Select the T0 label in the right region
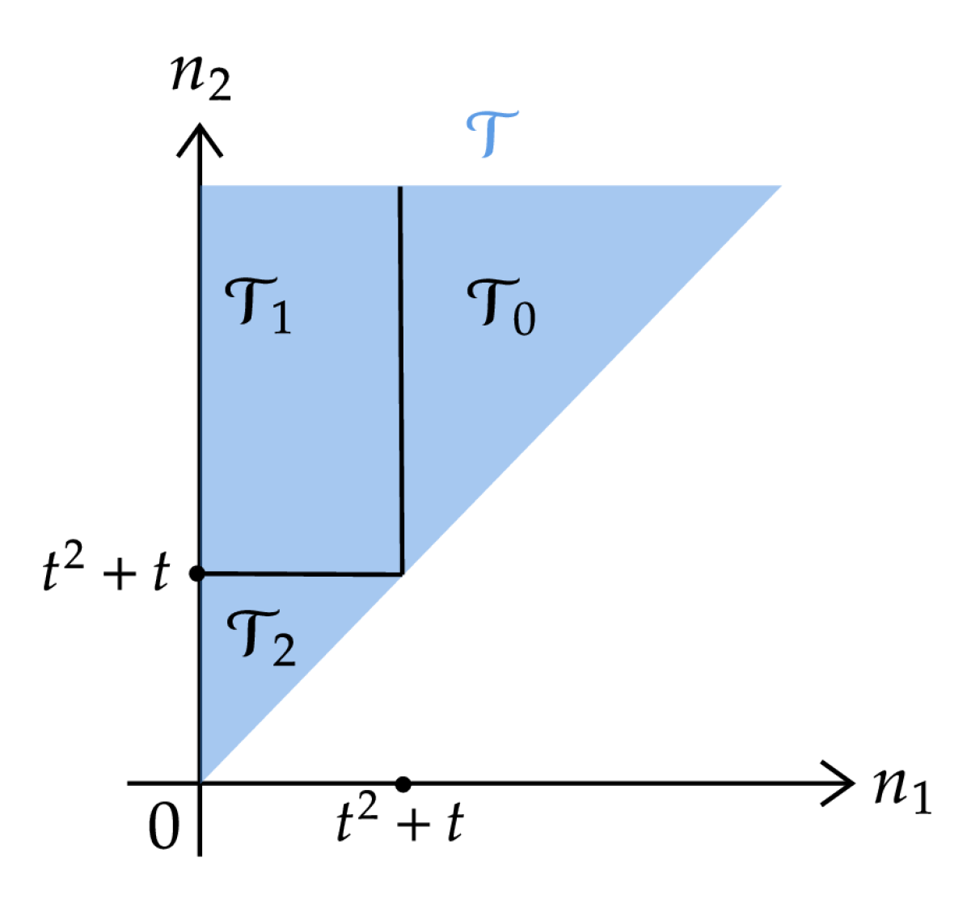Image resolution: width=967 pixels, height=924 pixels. tap(500, 306)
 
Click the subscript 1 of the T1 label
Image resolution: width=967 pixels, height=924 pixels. tap(280, 319)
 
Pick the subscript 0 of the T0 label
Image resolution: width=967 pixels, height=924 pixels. tap(523, 319)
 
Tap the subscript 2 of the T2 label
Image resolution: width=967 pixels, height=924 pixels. tap(283, 651)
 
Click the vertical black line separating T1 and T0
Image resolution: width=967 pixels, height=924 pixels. tap(401, 380)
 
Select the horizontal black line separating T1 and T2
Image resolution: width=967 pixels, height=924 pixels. tap(301, 574)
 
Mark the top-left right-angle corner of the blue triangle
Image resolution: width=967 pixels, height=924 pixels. tap(201, 186)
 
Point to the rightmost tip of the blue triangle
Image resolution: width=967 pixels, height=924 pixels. tap(781, 187)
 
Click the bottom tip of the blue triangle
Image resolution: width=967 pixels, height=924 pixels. tap(201, 781)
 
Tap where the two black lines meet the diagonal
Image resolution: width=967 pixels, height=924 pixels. tap(402, 574)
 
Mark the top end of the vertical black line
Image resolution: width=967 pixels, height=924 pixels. tap(399, 187)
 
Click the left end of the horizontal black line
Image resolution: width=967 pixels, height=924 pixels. tap(202, 573)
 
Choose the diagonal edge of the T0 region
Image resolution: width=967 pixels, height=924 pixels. tap(590, 381)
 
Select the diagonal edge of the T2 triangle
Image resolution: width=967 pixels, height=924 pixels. tap(301, 678)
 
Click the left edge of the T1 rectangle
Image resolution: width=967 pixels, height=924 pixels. tap(201, 380)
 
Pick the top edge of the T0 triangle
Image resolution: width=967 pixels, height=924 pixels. tap(590, 186)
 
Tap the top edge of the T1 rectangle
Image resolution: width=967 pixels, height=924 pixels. tap(301, 186)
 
